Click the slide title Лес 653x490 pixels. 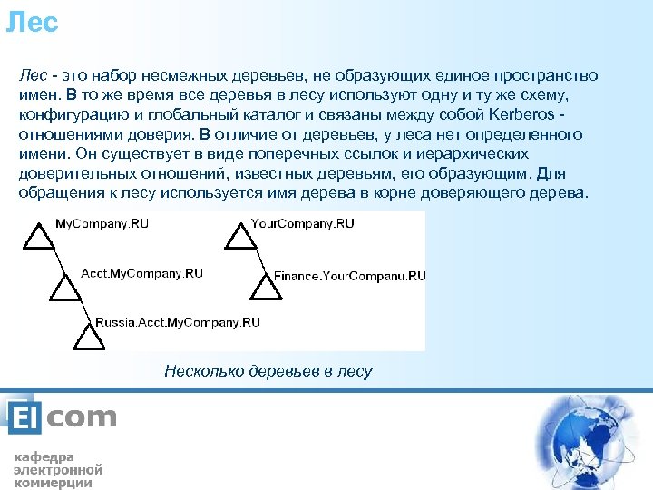[32, 22]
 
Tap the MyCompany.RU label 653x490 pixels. [102, 223]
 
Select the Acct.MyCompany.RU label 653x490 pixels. [141, 273]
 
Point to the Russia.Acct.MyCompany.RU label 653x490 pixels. [178, 322]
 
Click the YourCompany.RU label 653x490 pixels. [302, 223]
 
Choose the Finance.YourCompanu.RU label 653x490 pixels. [349, 275]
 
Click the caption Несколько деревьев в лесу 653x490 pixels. [268, 371]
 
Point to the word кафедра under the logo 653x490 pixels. [44, 456]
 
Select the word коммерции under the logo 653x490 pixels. [53, 483]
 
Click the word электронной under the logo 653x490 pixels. [57, 470]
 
